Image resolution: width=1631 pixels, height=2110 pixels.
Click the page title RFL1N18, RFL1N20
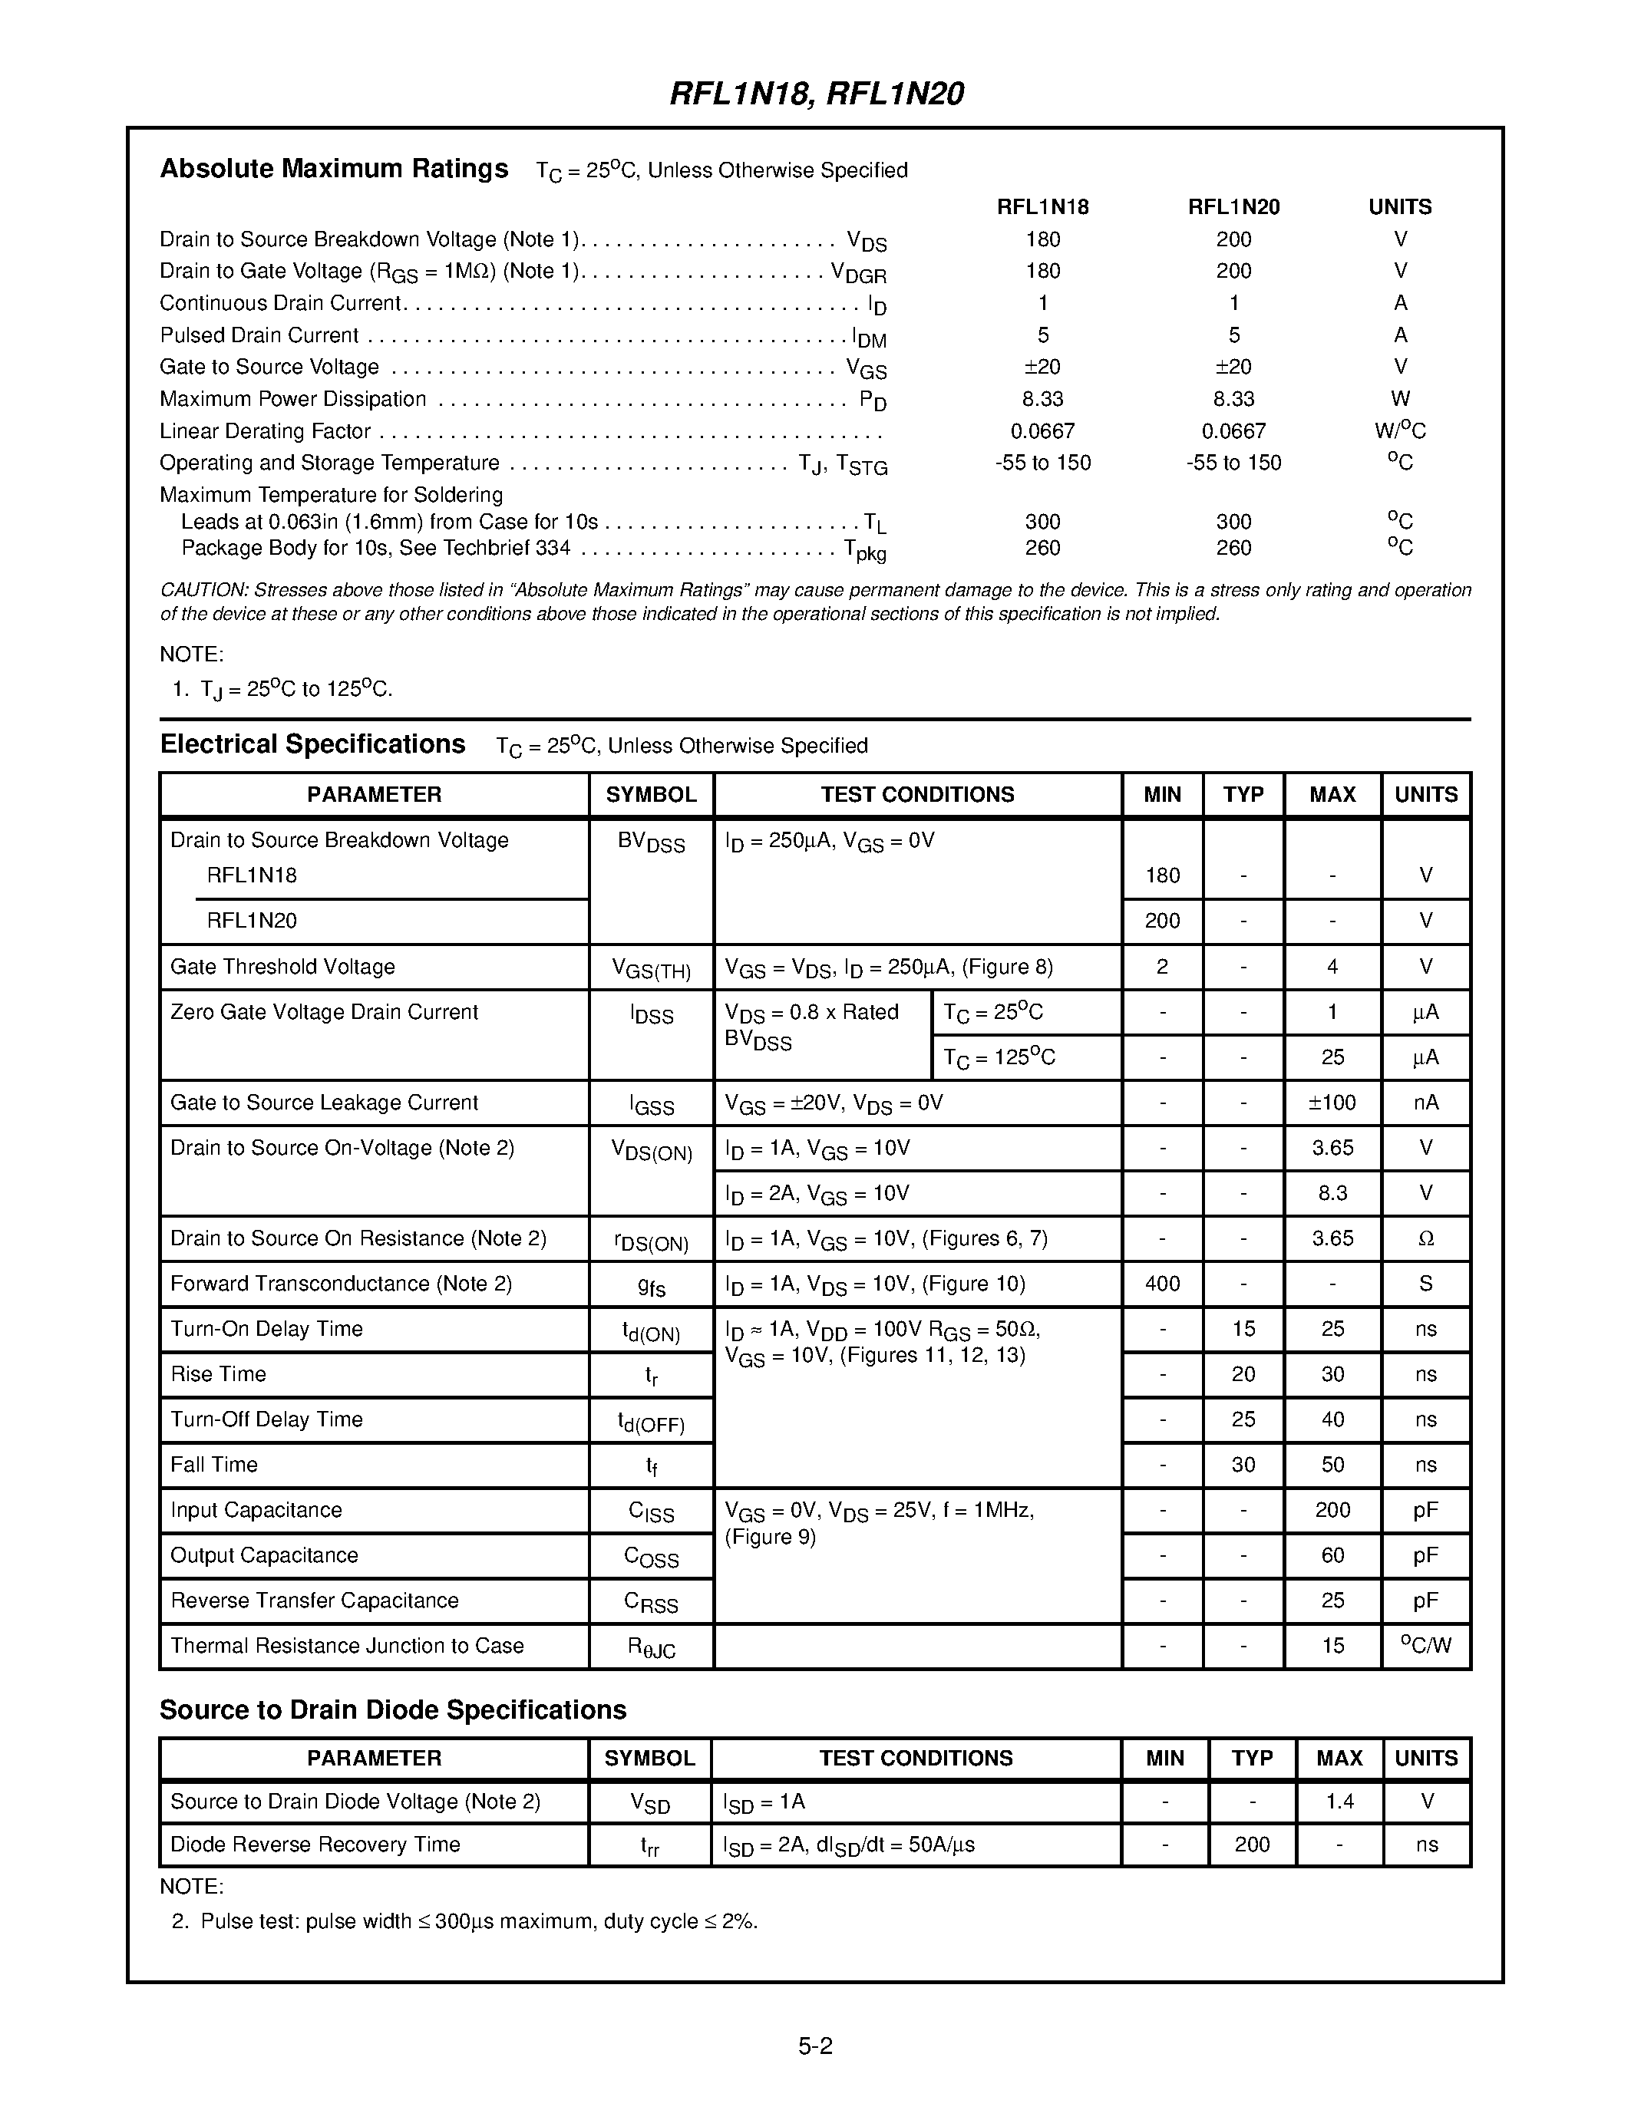[817, 94]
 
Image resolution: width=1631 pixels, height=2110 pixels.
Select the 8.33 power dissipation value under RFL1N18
[1042, 399]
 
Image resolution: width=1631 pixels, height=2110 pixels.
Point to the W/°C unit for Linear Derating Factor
[1400, 431]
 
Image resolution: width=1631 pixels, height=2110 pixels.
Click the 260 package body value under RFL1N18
[1042, 548]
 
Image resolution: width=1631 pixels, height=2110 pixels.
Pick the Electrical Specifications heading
[312, 744]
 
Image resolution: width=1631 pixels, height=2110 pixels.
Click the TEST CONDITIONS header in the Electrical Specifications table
[917, 794]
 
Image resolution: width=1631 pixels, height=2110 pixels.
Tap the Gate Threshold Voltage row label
[282, 967]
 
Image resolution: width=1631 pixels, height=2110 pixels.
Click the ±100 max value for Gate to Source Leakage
[1332, 1103]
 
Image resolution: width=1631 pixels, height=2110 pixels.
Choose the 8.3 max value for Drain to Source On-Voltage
[1332, 1193]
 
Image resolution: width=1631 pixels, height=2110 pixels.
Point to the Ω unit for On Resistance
[1425, 1238]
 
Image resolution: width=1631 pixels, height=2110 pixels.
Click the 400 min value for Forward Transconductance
[1161, 1284]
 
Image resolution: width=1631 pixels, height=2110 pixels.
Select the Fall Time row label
[213, 1465]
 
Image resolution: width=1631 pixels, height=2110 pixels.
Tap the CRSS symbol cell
[650, 1602]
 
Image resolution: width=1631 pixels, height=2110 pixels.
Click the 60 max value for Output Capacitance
[1332, 1555]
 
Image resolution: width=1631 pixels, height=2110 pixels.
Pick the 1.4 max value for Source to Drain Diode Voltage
[1339, 1801]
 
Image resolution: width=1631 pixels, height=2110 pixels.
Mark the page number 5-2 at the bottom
[814, 2046]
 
